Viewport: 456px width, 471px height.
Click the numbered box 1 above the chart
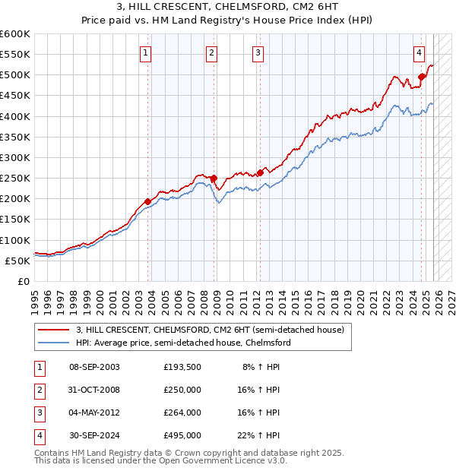[x=145, y=52]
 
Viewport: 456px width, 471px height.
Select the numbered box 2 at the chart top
[x=211, y=52]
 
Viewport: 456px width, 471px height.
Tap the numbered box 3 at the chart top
[x=258, y=52]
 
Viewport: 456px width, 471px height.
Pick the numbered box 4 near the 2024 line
[x=419, y=52]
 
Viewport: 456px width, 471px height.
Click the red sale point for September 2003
[x=148, y=201]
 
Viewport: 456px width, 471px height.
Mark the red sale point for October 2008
[x=214, y=179]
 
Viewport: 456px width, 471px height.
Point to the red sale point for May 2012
[x=260, y=172]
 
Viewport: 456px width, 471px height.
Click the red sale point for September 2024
[x=421, y=77]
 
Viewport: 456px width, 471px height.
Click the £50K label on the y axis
[x=18, y=261]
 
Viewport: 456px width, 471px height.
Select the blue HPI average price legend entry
[x=183, y=343]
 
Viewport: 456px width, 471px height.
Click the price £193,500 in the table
[x=182, y=366]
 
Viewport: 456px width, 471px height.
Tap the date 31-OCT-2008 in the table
[x=94, y=390]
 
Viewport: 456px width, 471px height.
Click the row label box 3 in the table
[x=39, y=413]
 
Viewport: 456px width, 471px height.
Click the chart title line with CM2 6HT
[x=228, y=8]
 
